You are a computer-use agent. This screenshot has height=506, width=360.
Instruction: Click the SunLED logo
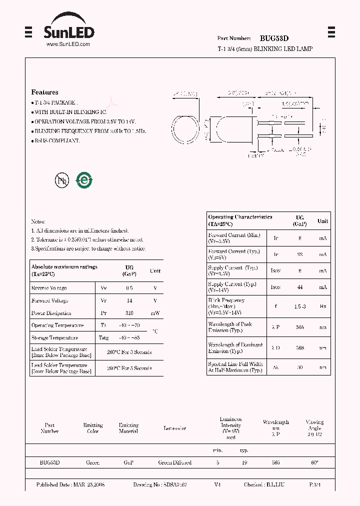coord(68,30)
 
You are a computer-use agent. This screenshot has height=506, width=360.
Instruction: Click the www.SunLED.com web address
coord(68,44)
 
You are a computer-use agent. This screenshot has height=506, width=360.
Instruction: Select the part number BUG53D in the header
coord(274,38)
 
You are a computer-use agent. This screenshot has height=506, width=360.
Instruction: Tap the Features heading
coord(44,92)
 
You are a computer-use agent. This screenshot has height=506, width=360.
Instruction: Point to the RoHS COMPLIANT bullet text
coord(56,141)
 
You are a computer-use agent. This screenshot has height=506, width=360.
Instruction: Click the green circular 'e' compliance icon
coord(84,180)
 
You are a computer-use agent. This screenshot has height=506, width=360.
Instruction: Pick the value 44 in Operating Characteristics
coord(299,287)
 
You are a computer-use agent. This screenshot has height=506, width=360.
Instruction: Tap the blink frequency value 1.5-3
coord(299,305)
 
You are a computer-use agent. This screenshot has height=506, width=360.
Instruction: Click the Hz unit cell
coord(323,305)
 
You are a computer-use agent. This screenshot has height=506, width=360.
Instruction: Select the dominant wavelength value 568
coord(299,348)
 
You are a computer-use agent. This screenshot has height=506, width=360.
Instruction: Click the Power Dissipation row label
coord(52,313)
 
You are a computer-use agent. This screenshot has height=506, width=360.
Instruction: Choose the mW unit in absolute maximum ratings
coord(155,313)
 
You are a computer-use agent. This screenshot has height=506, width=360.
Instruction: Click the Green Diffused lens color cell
coord(174,463)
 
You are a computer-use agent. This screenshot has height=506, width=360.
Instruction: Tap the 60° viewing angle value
coord(314,463)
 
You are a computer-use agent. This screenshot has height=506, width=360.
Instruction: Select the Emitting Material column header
coord(128,428)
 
